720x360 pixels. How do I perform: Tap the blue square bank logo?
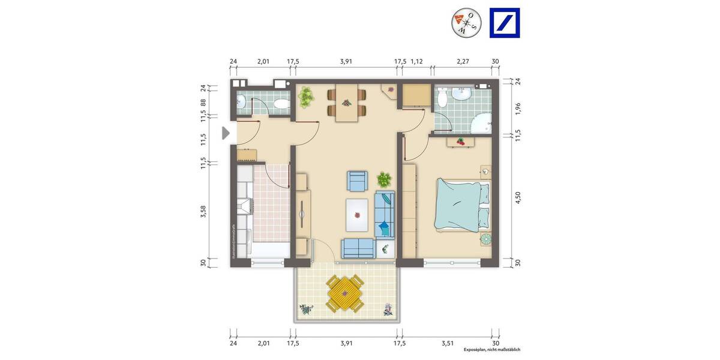pos(505,23)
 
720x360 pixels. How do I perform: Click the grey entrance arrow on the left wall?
pos(226,133)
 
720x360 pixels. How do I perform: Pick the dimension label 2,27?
pos(462,61)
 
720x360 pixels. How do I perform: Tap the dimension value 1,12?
pos(418,61)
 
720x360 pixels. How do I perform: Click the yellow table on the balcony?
pos(344,293)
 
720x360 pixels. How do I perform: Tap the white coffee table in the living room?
pos(358,215)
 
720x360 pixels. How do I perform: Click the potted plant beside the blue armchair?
pos(383,179)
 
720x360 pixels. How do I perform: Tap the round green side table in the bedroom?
pos(485,239)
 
